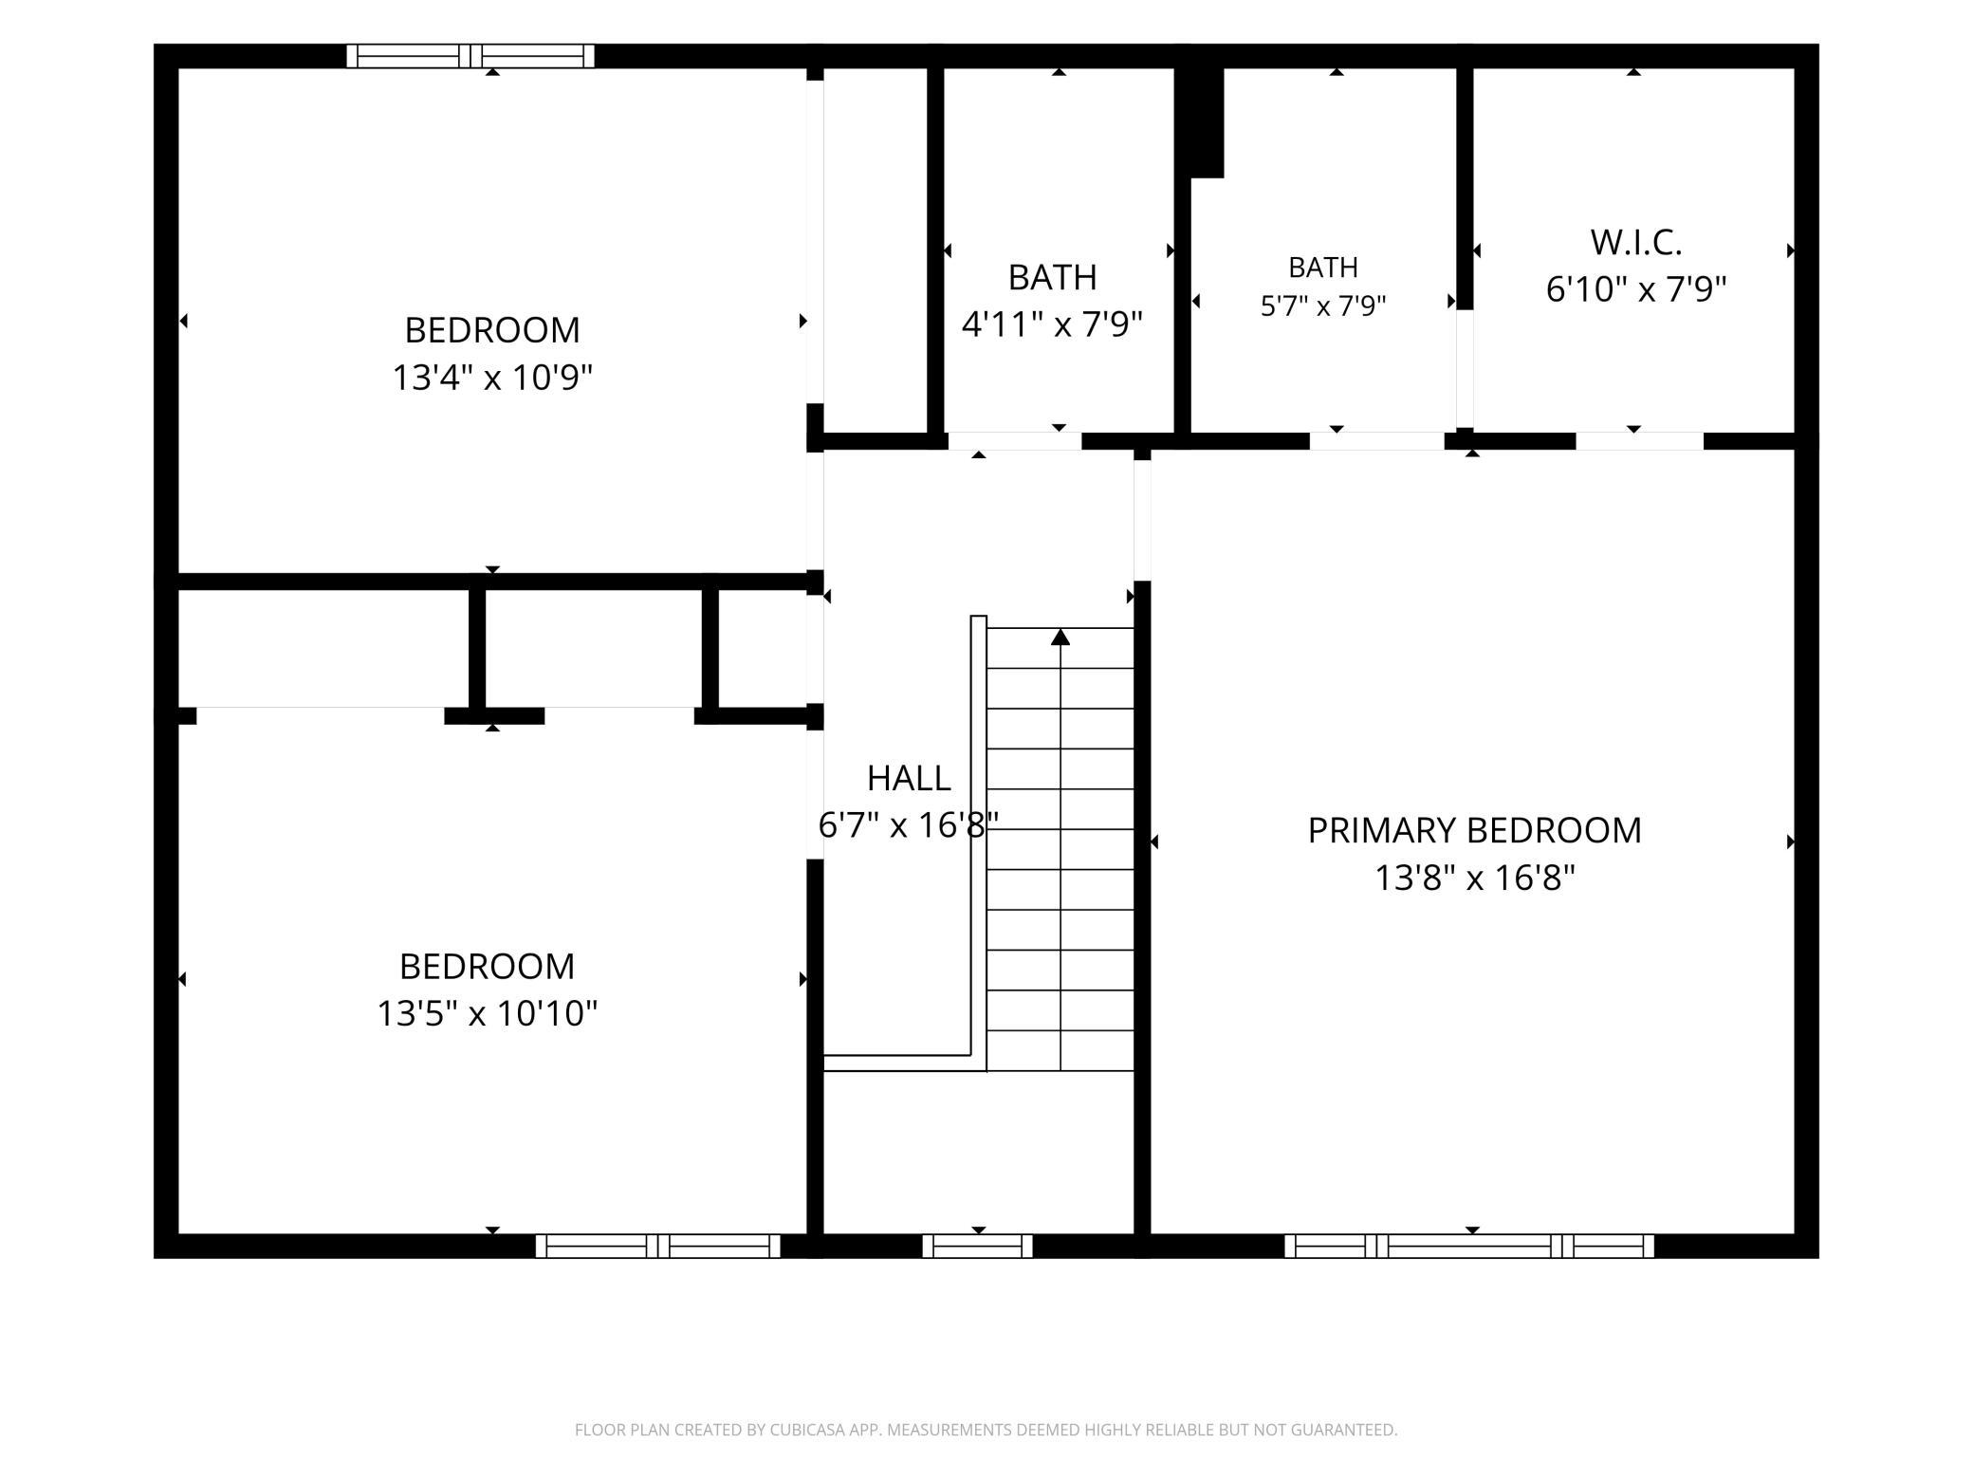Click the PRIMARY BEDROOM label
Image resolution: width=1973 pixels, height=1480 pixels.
(x=1474, y=830)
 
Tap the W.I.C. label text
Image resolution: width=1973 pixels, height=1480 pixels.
(x=1636, y=243)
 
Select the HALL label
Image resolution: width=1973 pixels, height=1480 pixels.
(x=909, y=778)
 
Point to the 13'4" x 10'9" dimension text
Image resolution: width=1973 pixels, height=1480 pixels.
(x=492, y=378)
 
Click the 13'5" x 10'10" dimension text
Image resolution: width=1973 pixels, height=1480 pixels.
(x=488, y=1013)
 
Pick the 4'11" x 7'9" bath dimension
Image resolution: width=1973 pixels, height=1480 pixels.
(x=1052, y=324)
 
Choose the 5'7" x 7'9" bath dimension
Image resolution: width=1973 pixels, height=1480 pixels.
(x=1323, y=305)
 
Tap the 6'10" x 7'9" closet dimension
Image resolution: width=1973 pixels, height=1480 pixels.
(x=1636, y=288)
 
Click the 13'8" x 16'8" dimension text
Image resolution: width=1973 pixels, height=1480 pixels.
(x=1475, y=878)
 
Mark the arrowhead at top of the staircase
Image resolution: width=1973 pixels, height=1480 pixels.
(x=1060, y=637)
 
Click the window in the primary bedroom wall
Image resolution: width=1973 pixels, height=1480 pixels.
(x=1469, y=1246)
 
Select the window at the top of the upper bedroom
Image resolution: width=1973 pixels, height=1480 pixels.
(x=470, y=56)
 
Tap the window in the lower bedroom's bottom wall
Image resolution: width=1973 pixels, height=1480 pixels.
(x=658, y=1246)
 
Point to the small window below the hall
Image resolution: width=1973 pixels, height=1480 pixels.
(x=977, y=1246)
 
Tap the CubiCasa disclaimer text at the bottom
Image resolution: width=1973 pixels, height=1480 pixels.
(x=986, y=1429)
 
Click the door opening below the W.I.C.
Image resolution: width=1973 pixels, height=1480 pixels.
(x=1640, y=441)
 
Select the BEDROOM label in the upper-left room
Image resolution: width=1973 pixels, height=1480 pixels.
(x=492, y=330)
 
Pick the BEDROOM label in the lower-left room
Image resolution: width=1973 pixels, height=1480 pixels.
(x=488, y=966)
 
